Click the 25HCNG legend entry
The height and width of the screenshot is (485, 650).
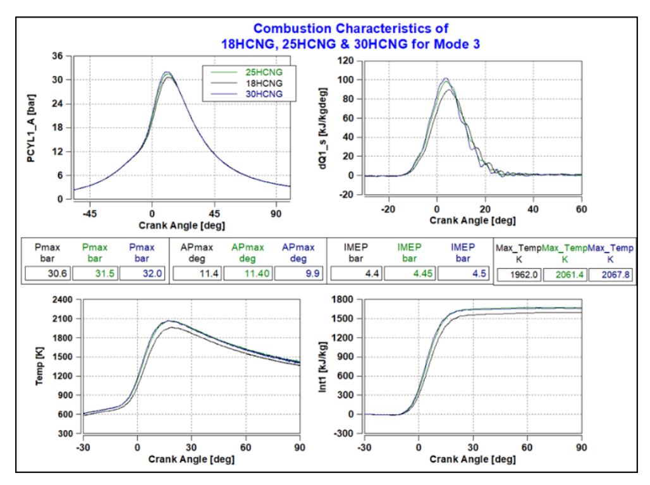pyautogui.click(x=247, y=72)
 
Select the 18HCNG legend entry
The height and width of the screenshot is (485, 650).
pyautogui.click(x=247, y=83)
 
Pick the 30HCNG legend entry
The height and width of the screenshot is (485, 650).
pyautogui.click(x=247, y=94)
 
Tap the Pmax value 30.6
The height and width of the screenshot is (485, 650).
pyautogui.click(x=57, y=274)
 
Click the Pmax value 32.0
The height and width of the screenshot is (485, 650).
pyautogui.click(x=152, y=274)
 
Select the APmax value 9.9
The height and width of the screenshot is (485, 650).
pyautogui.click(x=312, y=274)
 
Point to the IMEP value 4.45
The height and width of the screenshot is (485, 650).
pyautogui.click(x=422, y=274)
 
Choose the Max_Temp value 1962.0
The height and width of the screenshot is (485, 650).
pyautogui.click(x=524, y=274)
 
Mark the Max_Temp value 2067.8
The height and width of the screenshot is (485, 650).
pyautogui.click(x=616, y=274)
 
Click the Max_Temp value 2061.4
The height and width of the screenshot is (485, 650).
pyautogui.click(x=570, y=274)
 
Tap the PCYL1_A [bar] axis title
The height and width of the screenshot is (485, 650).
pyautogui.click(x=31, y=128)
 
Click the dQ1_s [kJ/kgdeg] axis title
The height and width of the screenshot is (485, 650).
pyautogui.click(x=322, y=128)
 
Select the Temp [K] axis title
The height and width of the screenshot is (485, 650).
pyautogui.click(x=39, y=367)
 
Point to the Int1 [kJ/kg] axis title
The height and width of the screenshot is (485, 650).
pyautogui.click(x=322, y=367)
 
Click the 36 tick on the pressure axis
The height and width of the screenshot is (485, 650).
pyautogui.click(x=57, y=56)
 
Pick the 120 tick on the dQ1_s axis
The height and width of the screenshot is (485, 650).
pyautogui.click(x=345, y=61)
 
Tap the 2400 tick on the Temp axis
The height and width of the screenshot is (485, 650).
pyautogui.click(x=62, y=299)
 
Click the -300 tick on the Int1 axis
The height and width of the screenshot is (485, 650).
pyautogui.click(x=343, y=433)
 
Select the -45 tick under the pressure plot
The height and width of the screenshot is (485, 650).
pyautogui.click(x=89, y=214)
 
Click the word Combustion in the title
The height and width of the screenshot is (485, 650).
pyautogui.click(x=293, y=28)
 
